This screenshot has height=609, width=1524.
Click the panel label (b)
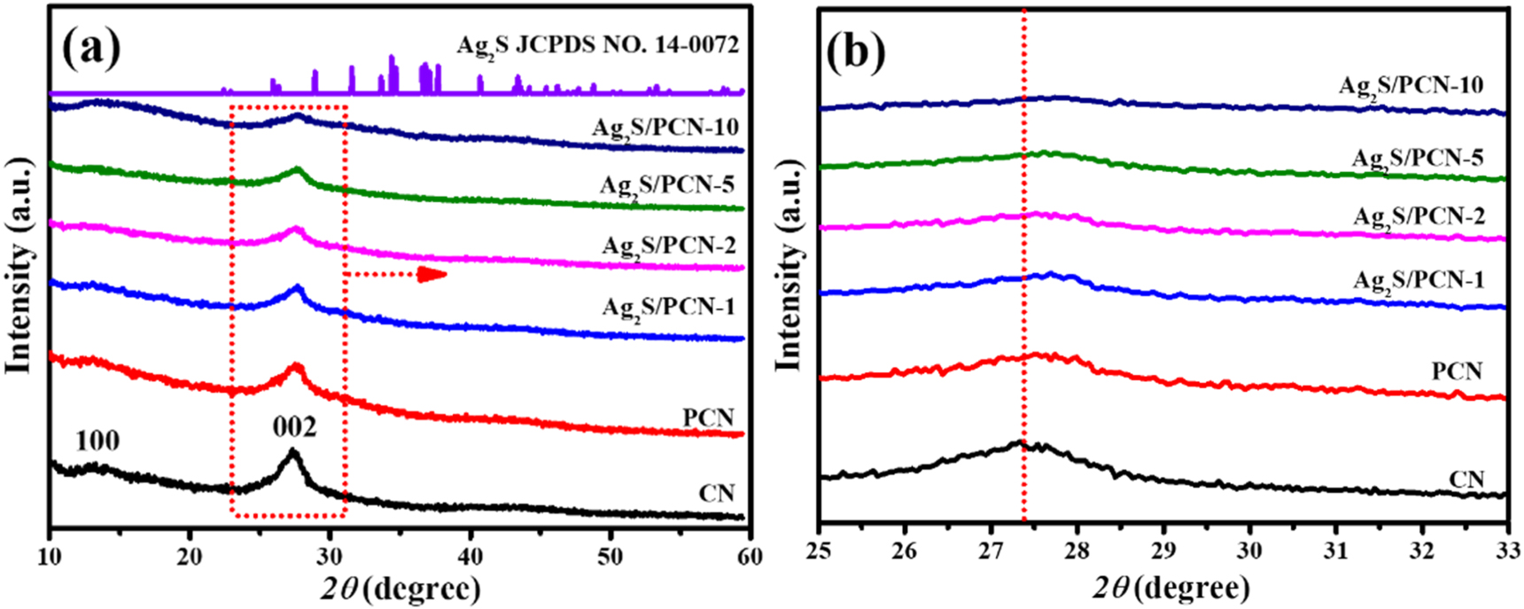856,52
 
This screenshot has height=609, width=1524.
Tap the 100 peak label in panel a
97,441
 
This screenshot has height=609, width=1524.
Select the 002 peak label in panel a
294,428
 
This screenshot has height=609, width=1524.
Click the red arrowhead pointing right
432,275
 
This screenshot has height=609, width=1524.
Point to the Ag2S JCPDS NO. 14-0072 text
596,44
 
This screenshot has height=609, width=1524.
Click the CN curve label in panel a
716,494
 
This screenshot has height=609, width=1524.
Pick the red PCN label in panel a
708,418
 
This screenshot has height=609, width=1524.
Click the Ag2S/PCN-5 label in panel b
1417,159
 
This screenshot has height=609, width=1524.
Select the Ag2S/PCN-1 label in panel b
1418,281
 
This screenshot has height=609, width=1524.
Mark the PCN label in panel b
1457,371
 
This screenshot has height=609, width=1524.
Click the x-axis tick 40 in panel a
470,557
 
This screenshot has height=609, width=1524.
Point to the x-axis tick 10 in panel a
51,557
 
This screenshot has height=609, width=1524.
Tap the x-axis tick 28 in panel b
1077,550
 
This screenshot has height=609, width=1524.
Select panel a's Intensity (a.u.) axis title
19,266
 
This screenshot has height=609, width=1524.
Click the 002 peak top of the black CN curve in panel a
292,451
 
